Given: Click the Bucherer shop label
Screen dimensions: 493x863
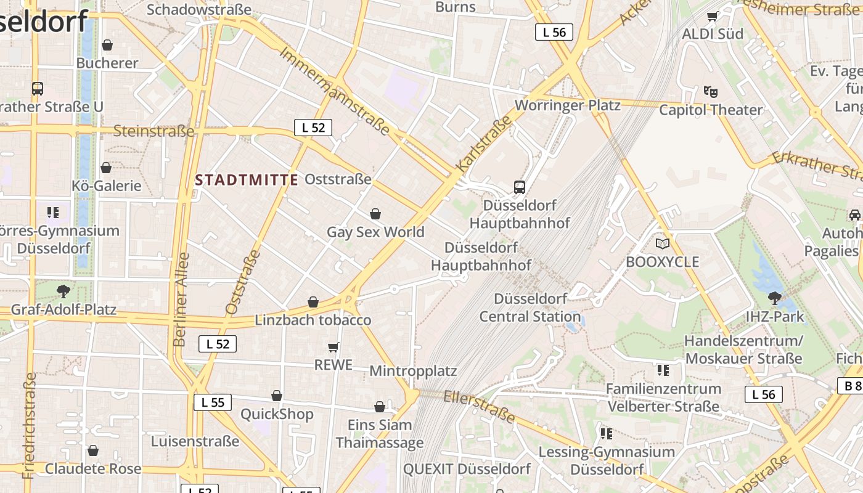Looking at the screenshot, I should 107,63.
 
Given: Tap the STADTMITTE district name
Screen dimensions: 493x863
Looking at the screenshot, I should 247,180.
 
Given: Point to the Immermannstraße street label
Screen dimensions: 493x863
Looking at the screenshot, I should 335,91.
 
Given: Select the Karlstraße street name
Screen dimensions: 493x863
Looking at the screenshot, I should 484,144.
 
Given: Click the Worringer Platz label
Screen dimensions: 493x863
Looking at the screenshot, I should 567,105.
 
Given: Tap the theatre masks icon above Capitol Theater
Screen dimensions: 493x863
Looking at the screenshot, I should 711,92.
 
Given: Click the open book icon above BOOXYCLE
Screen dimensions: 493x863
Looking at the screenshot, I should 663,244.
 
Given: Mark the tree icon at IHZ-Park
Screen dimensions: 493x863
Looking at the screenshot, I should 775,298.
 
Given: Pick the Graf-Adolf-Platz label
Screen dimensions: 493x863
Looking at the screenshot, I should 63,309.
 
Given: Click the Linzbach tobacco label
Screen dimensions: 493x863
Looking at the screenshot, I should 313,320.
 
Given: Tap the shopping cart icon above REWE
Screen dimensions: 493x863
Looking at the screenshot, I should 333,347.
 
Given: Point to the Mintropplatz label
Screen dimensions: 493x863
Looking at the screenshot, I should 413,371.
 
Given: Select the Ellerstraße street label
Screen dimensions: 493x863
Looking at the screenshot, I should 479,406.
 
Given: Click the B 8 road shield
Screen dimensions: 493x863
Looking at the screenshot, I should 852,386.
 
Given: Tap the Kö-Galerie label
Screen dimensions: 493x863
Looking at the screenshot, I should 107,185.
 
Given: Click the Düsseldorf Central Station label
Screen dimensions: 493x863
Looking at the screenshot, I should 530,308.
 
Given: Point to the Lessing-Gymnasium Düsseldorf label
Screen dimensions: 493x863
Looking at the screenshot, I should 607,460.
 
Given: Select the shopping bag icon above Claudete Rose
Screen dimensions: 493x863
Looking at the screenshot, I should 93,451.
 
